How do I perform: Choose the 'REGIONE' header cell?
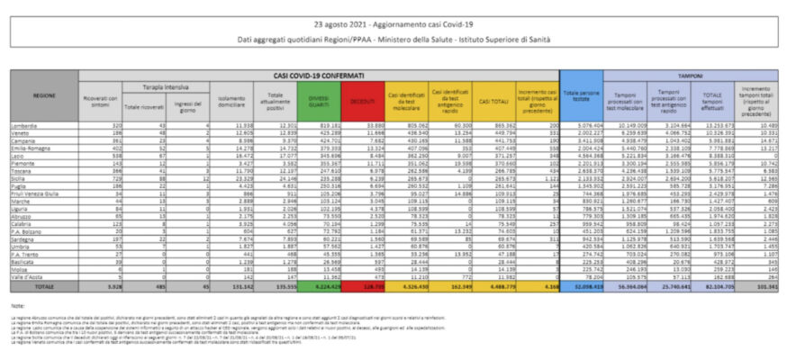44,94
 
